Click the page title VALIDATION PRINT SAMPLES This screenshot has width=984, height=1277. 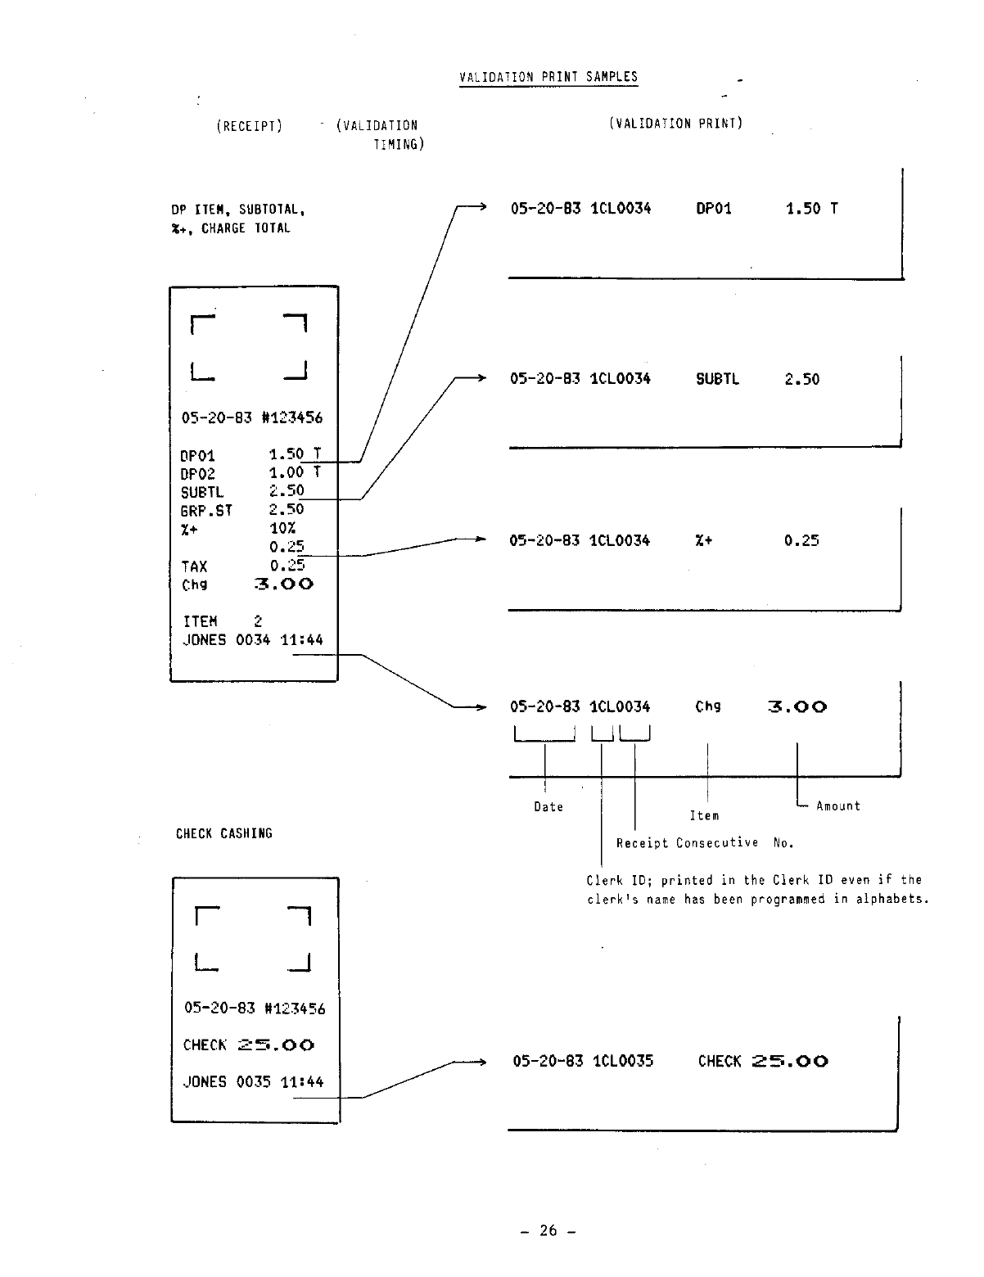pyautogui.click(x=548, y=77)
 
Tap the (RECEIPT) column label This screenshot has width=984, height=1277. pyautogui.click(x=249, y=126)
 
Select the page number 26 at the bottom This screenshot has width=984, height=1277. pyautogui.click(x=548, y=1230)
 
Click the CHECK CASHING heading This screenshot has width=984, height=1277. pyautogui.click(x=224, y=833)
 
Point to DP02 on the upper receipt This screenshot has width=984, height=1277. pyautogui.click(x=197, y=474)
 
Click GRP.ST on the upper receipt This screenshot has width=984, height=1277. pyautogui.click(x=206, y=511)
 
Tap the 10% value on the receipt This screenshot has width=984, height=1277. pyautogui.click(x=282, y=529)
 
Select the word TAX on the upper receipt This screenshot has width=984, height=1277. pyautogui.click(x=194, y=566)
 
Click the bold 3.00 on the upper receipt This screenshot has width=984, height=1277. pyautogui.click(x=284, y=584)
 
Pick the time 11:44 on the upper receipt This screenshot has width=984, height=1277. pyautogui.click(x=301, y=639)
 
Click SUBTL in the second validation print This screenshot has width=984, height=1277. pyautogui.click(x=717, y=379)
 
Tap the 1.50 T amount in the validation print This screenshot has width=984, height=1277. pyautogui.click(x=811, y=209)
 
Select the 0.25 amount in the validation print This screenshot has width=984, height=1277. pyautogui.click(x=801, y=540)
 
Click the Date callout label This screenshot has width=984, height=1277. pyautogui.click(x=548, y=807)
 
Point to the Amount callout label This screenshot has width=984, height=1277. pyautogui.click(x=838, y=806)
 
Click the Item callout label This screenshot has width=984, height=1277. pyautogui.click(x=704, y=816)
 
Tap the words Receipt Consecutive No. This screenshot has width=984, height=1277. pyautogui.click(x=705, y=843)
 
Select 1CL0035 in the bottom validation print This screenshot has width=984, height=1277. pyautogui.click(x=623, y=1061)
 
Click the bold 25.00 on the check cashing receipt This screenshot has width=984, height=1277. pyautogui.click(x=276, y=1045)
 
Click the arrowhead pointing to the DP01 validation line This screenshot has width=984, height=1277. pyautogui.click(x=482, y=208)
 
